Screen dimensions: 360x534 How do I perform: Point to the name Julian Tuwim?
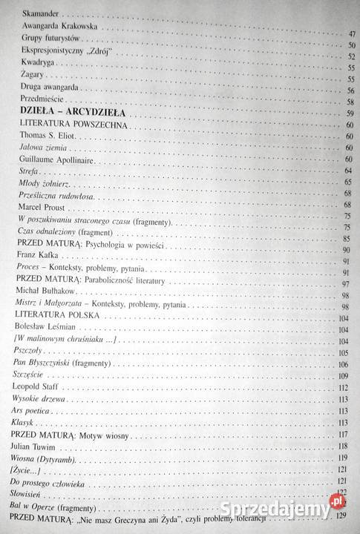click(x=33, y=446)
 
